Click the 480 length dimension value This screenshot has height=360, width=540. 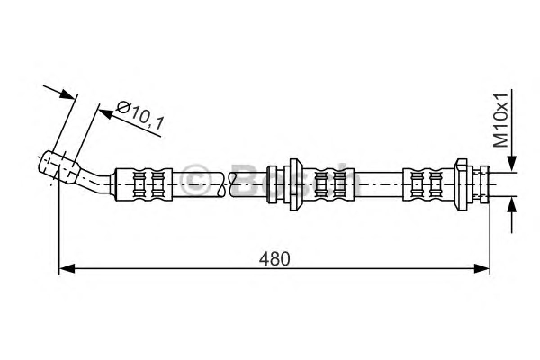[x=274, y=258]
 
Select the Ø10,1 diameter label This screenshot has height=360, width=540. [x=139, y=116]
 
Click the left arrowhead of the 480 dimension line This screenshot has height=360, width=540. [x=67, y=268]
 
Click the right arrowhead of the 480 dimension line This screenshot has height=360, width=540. [x=482, y=268]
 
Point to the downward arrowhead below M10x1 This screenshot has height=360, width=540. [x=512, y=163]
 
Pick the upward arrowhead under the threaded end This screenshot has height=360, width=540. [x=512, y=205]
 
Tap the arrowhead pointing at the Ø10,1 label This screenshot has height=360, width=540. [x=105, y=113]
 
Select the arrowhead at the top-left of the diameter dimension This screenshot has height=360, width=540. [x=67, y=94]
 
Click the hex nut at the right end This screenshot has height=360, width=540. [x=463, y=184]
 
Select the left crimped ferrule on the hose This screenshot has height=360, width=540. [x=143, y=184]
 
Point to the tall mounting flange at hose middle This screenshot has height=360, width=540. [x=293, y=184]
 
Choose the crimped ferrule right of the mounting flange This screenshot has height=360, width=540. [x=328, y=184]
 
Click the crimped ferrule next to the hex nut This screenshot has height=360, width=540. [x=429, y=184]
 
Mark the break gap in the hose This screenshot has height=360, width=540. [x=227, y=184]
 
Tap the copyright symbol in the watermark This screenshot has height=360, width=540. [x=195, y=180]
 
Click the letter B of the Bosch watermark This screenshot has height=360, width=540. [x=247, y=180]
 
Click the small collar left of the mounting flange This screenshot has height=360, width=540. [x=272, y=184]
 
